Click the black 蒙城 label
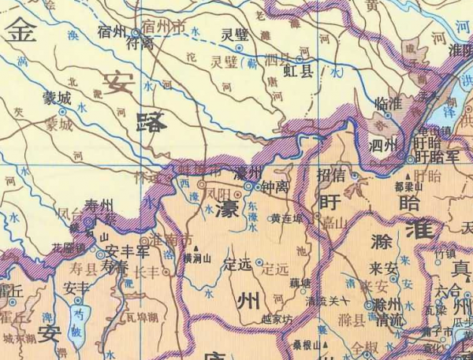point(57,98)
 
